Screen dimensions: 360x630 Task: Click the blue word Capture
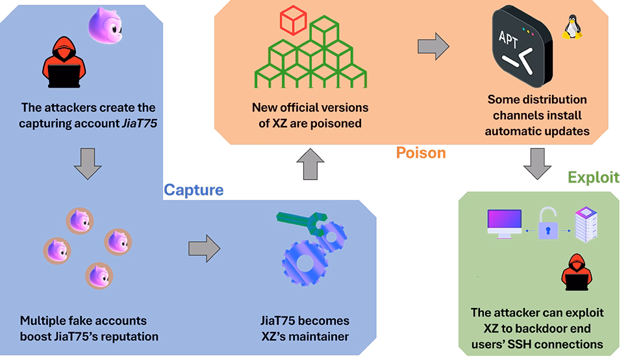tap(194, 190)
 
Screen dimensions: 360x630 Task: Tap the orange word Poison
tap(421, 153)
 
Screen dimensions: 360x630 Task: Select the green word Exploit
tap(594, 177)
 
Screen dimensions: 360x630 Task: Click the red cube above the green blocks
tap(293, 21)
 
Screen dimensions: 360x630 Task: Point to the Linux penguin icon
tap(572, 28)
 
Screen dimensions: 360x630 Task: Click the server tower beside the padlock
tap(587, 225)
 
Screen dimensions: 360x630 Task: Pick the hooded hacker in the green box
tap(574, 272)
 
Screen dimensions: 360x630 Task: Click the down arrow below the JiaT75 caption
tap(88, 163)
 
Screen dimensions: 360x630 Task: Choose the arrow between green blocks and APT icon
tap(433, 45)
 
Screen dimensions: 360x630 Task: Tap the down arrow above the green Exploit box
tap(538, 163)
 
